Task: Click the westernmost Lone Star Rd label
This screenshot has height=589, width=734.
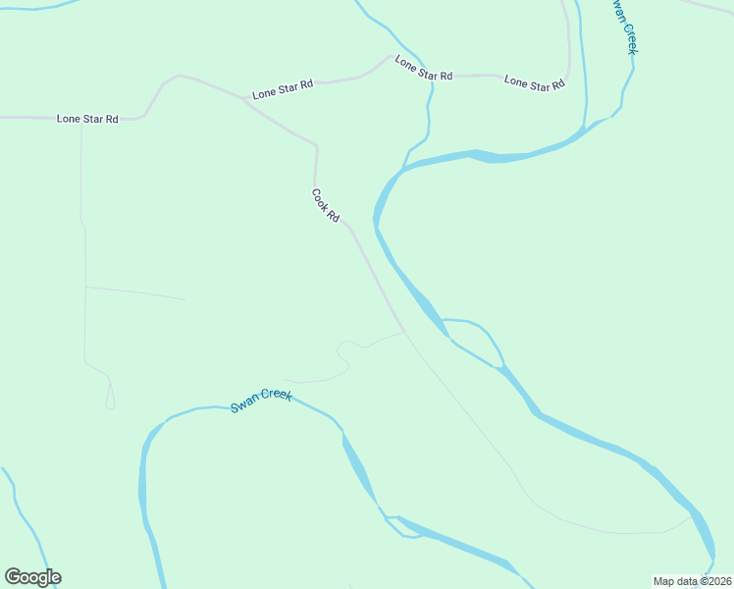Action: [x=87, y=119]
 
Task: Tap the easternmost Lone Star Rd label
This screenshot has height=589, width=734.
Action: [x=534, y=83]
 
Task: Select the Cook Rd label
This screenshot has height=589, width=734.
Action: [x=326, y=205]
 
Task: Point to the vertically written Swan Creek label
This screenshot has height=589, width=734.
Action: [x=625, y=26]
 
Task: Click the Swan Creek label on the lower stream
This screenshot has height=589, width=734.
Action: [x=261, y=401]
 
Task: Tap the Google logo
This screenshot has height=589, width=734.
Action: [x=32, y=577]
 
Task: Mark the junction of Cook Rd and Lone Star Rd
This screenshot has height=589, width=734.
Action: [x=245, y=100]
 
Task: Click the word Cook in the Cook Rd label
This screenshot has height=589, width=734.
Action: [x=320, y=197]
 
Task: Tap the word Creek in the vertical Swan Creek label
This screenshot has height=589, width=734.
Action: [x=629, y=37]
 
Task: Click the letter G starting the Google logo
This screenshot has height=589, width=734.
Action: [x=13, y=577]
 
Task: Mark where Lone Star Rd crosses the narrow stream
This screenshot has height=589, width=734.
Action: [x=429, y=77]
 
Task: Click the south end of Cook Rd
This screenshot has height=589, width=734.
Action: [x=403, y=331]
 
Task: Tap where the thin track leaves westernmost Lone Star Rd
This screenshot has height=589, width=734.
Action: [x=81, y=119]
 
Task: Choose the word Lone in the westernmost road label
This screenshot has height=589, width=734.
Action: [x=68, y=119]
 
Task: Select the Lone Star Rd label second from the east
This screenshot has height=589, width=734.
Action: [x=423, y=68]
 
